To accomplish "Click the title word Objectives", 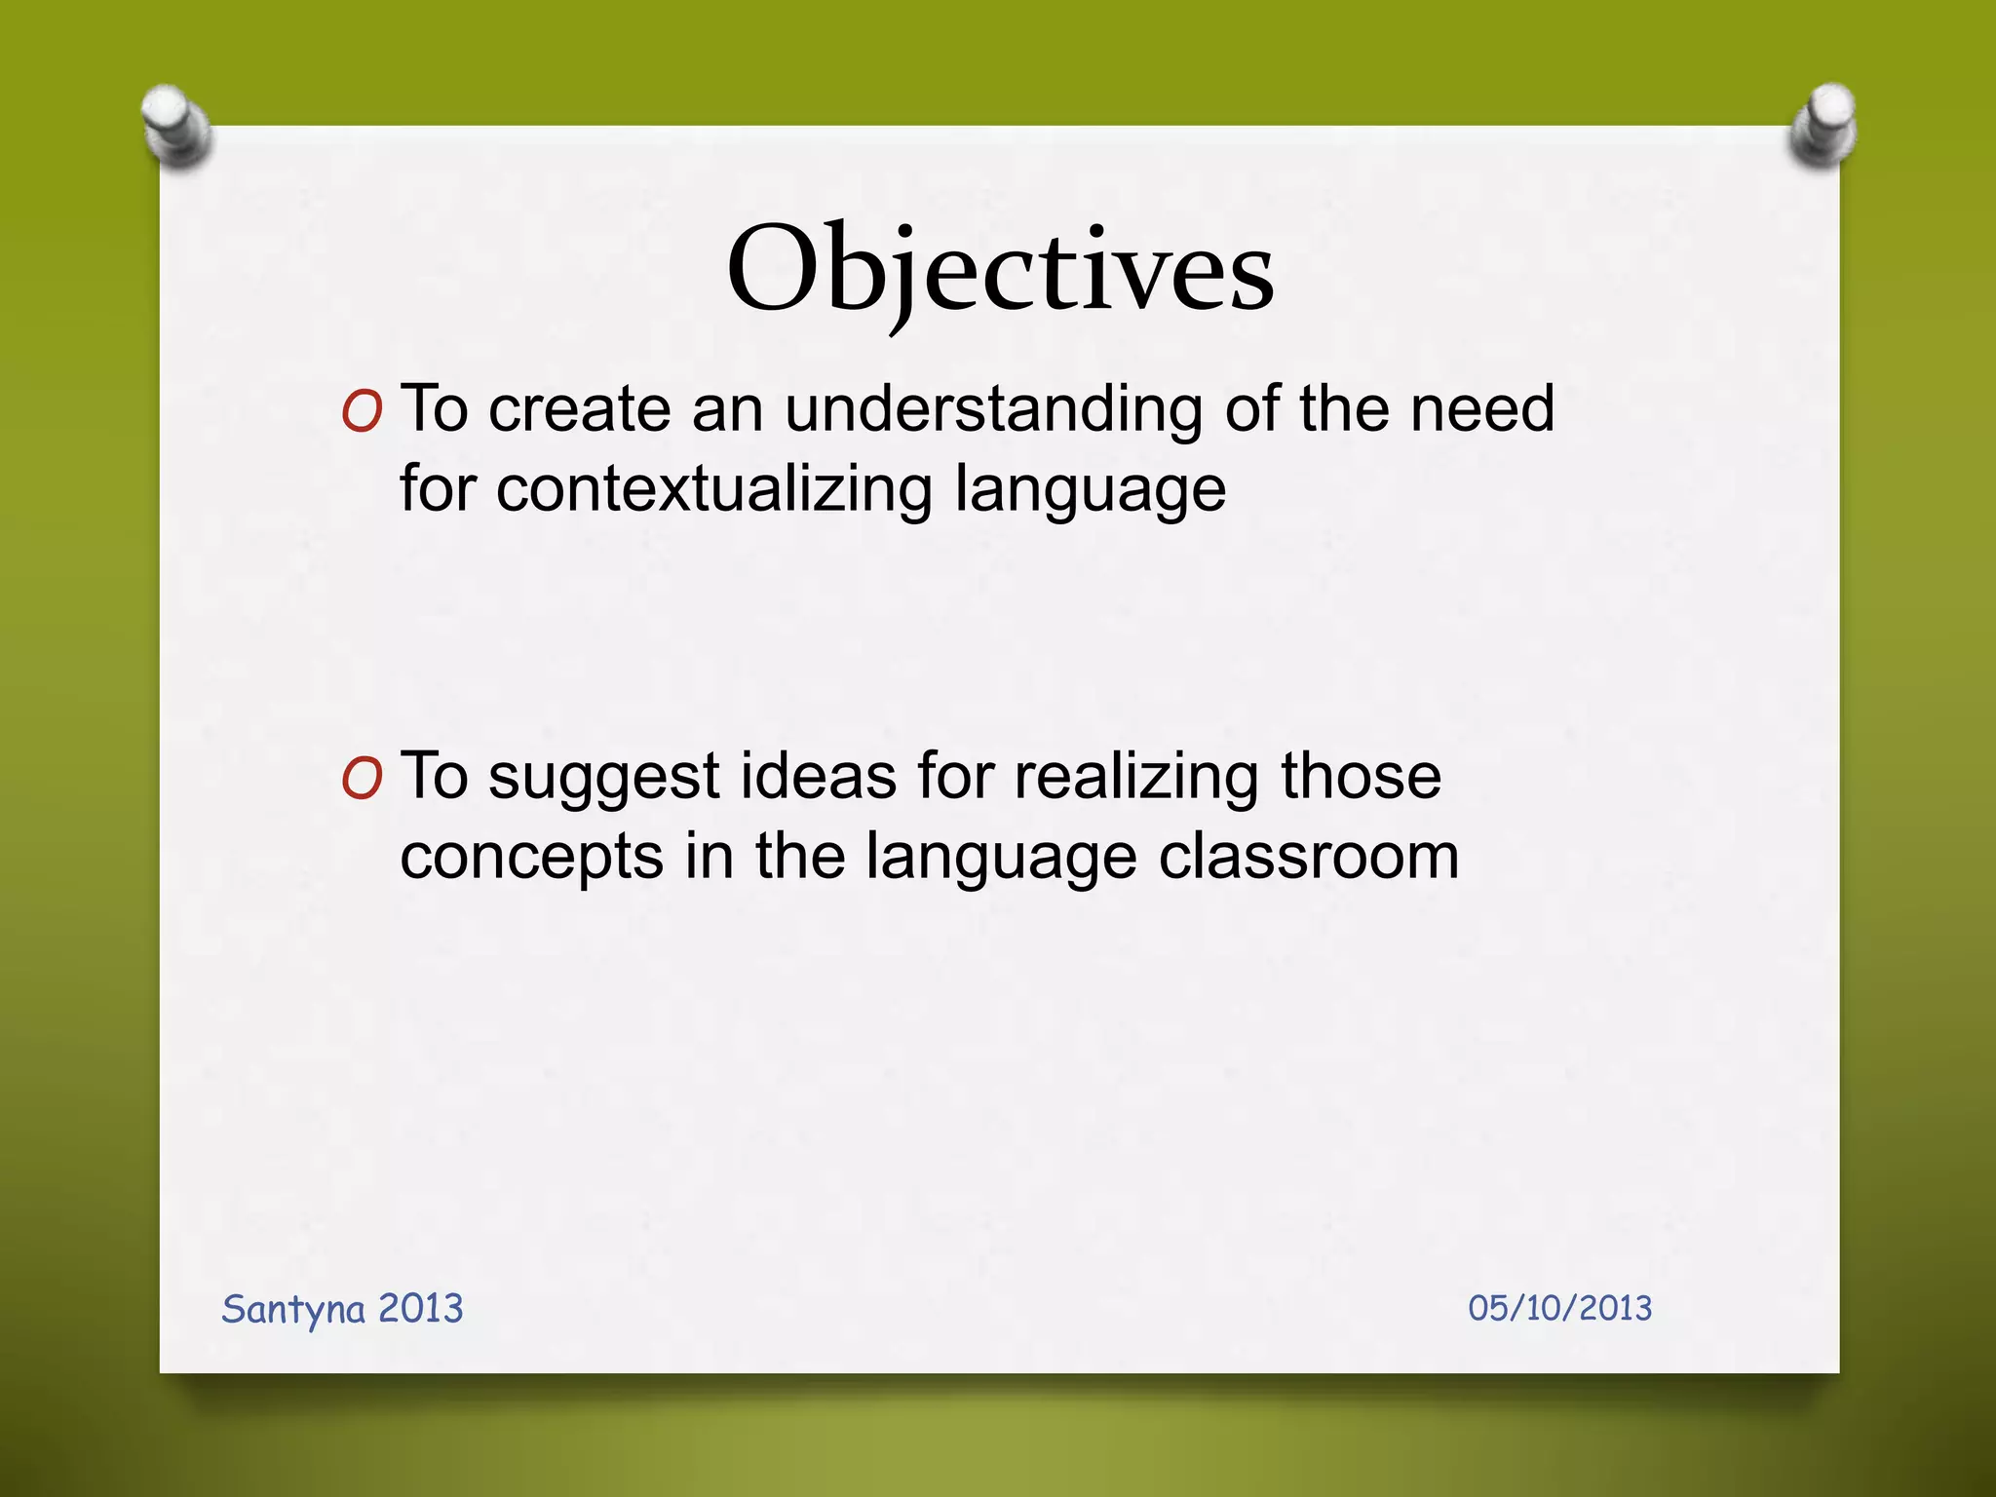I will point(1000,270).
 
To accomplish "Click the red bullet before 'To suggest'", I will point(362,781).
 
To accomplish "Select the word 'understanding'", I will point(993,409).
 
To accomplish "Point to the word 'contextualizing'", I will point(714,489).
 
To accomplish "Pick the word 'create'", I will point(579,409).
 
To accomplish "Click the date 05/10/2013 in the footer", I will point(1559,1308).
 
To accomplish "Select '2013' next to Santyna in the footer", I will point(420,1308).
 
